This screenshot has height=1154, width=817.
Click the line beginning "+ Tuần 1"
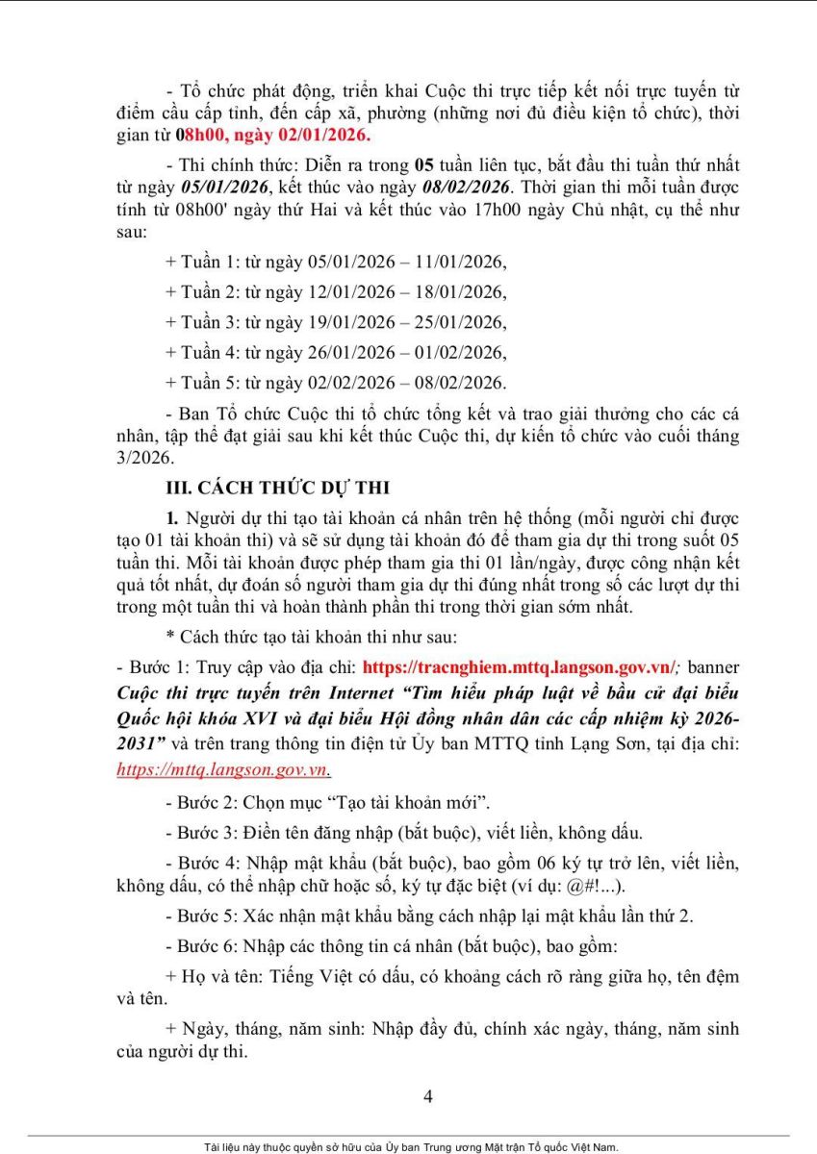(x=336, y=262)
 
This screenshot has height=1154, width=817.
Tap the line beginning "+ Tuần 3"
(x=336, y=321)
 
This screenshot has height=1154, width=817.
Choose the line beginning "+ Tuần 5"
(x=336, y=382)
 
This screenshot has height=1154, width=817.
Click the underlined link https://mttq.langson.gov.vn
(x=225, y=769)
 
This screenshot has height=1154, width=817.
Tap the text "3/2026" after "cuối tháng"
(x=142, y=459)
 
